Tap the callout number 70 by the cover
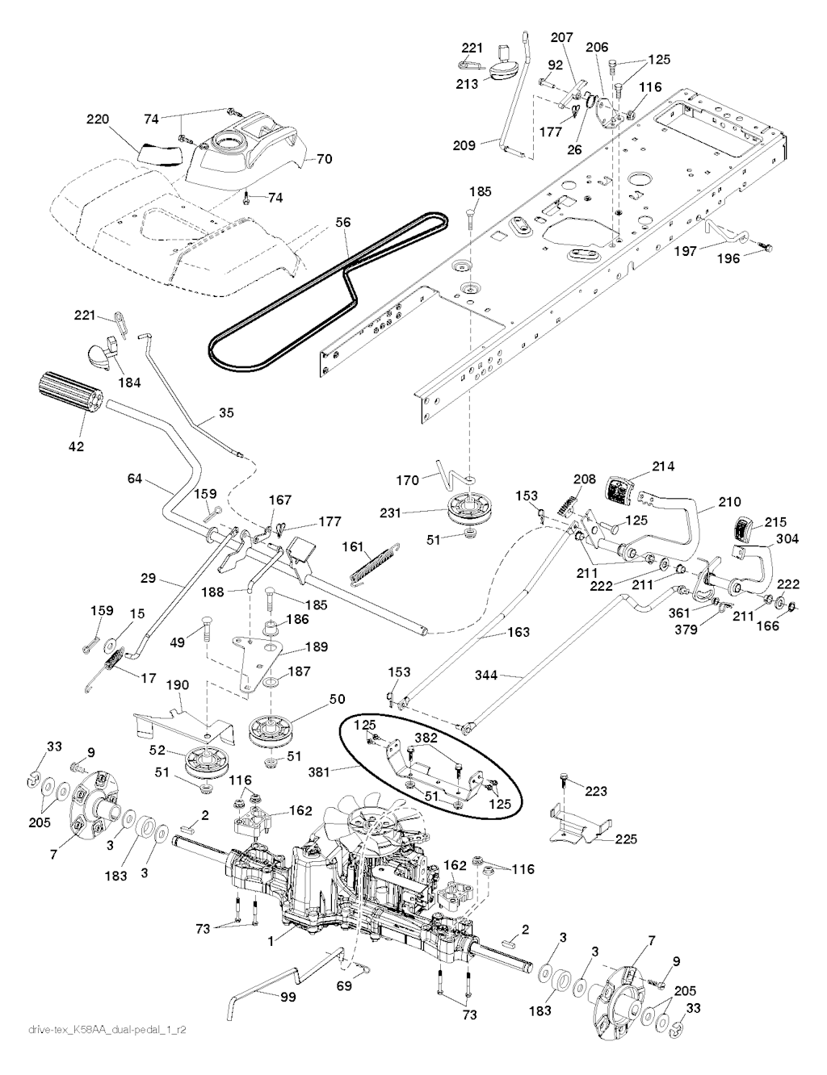323,160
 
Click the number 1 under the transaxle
271,939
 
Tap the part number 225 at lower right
625,839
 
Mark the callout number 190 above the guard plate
177,685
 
